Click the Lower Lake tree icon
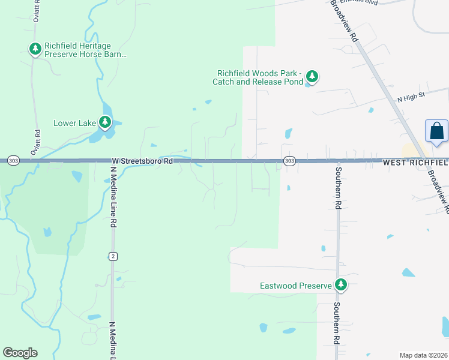click(x=106, y=123)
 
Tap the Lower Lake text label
click(x=74, y=124)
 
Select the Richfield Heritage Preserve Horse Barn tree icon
click(x=35, y=49)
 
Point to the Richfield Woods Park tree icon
click(x=312, y=76)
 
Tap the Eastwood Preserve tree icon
click(x=341, y=285)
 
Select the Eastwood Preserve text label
click(x=295, y=286)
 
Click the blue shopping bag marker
click(x=436, y=131)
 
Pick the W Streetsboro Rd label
click(x=142, y=161)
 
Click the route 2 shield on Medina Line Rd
click(x=112, y=256)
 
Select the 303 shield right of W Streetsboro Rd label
click(x=289, y=161)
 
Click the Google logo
click(x=20, y=353)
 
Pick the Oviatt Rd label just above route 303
click(x=37, y=142)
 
